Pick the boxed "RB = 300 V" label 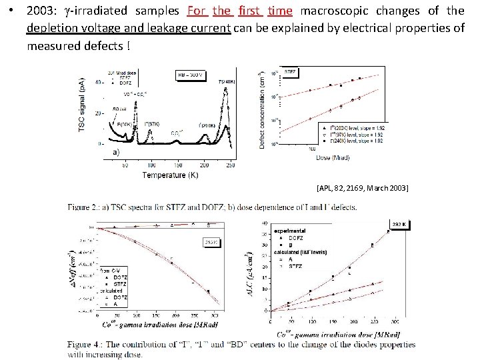click(x=191, y=74)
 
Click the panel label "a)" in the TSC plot click(x=115, y=152)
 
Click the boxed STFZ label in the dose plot click(x=291, y=70)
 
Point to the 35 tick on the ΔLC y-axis click(x=266, y=233)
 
